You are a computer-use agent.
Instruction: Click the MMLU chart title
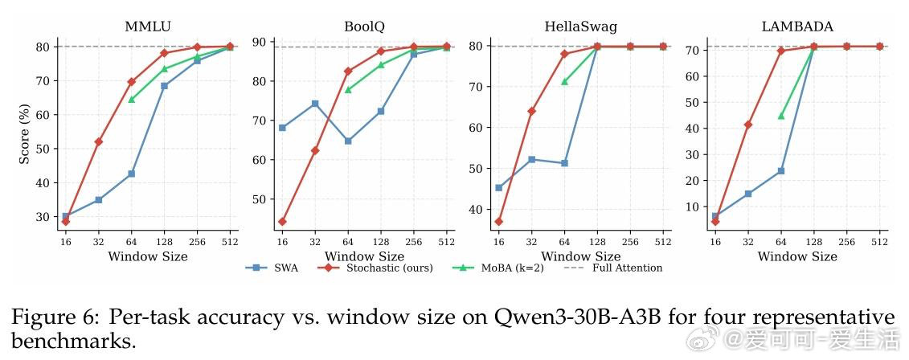point(146,26)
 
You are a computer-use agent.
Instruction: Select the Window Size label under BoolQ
point(364,256)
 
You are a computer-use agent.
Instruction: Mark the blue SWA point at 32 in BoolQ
point(315,104)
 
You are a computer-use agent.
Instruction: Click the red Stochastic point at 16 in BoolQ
point(282,222)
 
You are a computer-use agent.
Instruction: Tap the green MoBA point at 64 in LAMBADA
point(780,116)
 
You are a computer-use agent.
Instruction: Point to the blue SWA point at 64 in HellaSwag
point(564,163)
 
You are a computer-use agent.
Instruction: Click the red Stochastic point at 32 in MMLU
point(98,141)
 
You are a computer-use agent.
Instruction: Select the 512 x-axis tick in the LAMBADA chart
point(879,241)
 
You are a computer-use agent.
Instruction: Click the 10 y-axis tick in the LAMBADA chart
point(692,207)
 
